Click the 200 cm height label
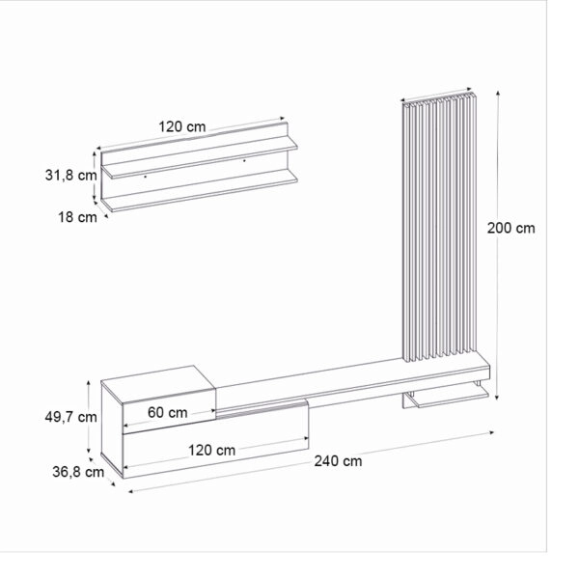[511, 229]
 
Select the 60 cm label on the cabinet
[168, 412]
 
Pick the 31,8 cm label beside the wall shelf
[70, 175]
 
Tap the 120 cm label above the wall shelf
[183, 125]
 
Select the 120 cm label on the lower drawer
[211, 450]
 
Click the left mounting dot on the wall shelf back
[145, 177]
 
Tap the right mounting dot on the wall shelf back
[245, 158]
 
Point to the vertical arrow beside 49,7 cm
[90, 417]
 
